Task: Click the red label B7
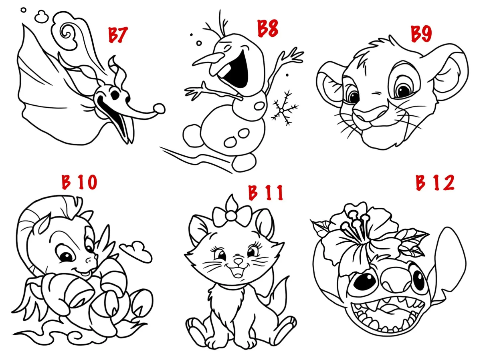(x=118, y=35)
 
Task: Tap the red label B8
(x=268, y=28)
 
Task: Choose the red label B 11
(x=266, y=192)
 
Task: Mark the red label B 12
(x=435, y=182)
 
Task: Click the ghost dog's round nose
(x=159, y=109)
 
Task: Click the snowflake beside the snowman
(x=285, y=108)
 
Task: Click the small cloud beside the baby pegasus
(x=136, y=251)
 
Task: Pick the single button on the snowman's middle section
(x=260, y=106)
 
